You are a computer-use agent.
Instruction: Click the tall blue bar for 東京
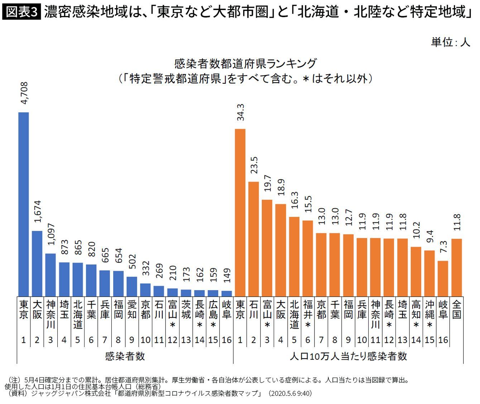24,204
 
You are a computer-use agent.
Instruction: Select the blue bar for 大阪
37,263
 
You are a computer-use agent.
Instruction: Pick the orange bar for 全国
456,267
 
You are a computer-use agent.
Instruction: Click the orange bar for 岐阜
443,278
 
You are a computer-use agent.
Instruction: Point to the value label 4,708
24,94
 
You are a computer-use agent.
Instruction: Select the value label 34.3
240,112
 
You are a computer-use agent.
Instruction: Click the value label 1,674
38,211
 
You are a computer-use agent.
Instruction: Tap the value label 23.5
254,165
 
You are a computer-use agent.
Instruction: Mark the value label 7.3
443,247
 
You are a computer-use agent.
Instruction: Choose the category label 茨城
186,310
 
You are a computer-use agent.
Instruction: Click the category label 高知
416,310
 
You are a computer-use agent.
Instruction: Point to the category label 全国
456,310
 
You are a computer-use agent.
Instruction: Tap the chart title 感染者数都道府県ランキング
245,64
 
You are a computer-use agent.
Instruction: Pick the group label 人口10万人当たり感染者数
348,356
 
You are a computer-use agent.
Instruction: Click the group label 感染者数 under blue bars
125,356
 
